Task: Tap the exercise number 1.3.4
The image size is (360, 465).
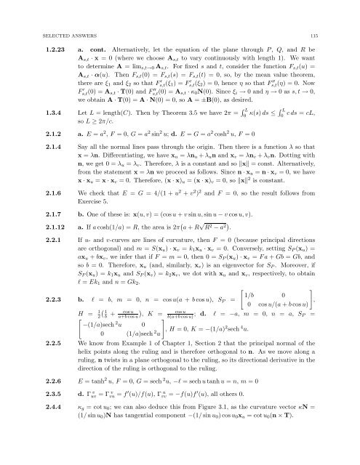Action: point(53,113)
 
